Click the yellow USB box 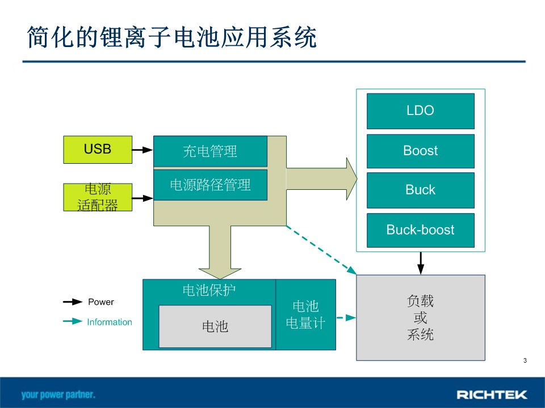pyautogui.click(x=98, y=150)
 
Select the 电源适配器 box pyautogui.click(x=98, y=197)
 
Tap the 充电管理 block pyautogui.click(x=210, y=151)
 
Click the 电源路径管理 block pyautogui.click(x=210, y=185)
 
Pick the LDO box pyautogui.click(x=421, y=111)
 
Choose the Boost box pyautogui.click(x=421, y=151)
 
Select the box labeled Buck pyautogui.click(x=421, y=190)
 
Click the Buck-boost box pyautogui.click(x=421, y=230)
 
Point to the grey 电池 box pyautogui.click(x=215, y=326)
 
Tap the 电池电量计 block pyautogui.click(x=306, y=314)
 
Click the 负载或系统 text pyautogui.click(x=421, y=317)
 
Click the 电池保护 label pyautogui.click(x=209, y=290)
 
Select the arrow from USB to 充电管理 pyautogui.click(x=142, y=150)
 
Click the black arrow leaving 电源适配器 pyautogui.click(x=142, y=198)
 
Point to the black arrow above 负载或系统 pyautogui.click(x=421, y=263)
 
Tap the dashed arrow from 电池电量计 pyautogui.click(x=346, y=317)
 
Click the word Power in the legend pyautogui.click(x=101, y=302)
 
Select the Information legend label pyautogui.click(x=110, y=322)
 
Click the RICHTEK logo pyautogui.click(x=492, y=394)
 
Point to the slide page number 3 pyautogui.click(x=525, y=360)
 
